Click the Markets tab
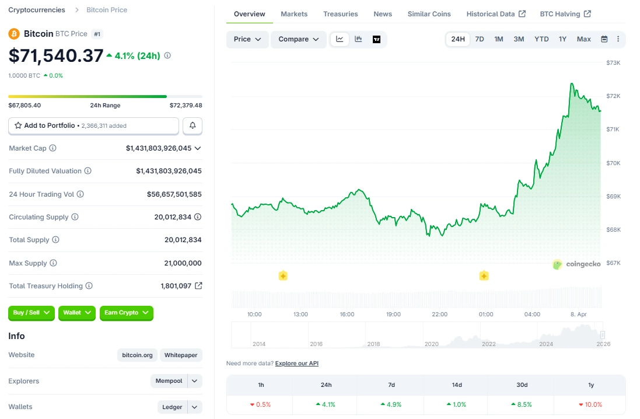[x=293, y=14]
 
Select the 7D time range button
[x=479, y=39]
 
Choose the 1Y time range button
[x=562, y=39]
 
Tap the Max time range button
[x=583, y=39]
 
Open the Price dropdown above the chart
[x=247, y=39]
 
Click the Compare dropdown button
[x=298, y=39]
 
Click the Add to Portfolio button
[x=93, y=125]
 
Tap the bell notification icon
[x=193, y=125]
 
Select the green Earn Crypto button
[x=126, y=313]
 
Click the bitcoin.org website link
[x=137, y=355]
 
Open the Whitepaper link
[x=181, y=355]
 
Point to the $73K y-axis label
[x=613, y=62]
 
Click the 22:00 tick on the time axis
[x=439, y=314]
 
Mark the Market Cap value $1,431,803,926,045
[x=159, y=148]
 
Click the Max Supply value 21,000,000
[x=183, y=263]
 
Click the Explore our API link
[x=296, y=364]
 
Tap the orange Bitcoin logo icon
[x=14, y=34]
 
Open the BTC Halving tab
[x=565, y=14]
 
